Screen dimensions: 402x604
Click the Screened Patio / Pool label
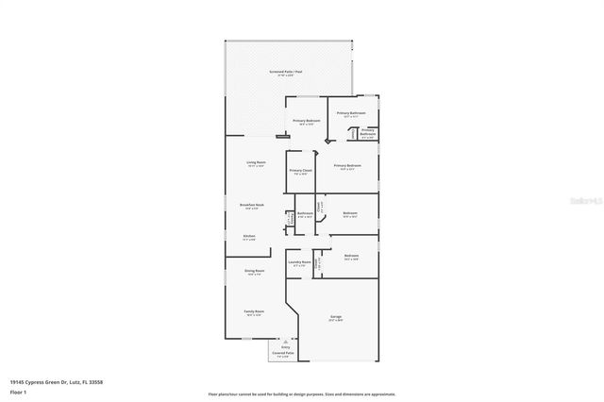pos(286,72)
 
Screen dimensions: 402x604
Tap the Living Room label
pos(256,162)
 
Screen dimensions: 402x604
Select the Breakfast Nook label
pos(252,205)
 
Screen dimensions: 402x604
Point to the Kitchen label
pos(249,236)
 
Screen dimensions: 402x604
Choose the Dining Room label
pos(255,271)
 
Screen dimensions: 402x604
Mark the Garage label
pos(336,316)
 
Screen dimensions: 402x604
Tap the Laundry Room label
pos(301,262)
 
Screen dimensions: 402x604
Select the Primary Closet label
pos(301,171)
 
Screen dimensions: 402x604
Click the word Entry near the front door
pos(285,347)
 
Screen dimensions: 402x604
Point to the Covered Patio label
pos(284,353)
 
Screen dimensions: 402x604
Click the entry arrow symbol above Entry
pos(285,341)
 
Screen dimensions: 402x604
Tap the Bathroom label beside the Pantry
pos(305,213)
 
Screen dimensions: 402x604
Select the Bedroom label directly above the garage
pos(351,256)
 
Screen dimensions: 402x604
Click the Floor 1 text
pos(18,391)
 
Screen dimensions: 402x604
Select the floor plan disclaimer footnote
pos(301,394)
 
